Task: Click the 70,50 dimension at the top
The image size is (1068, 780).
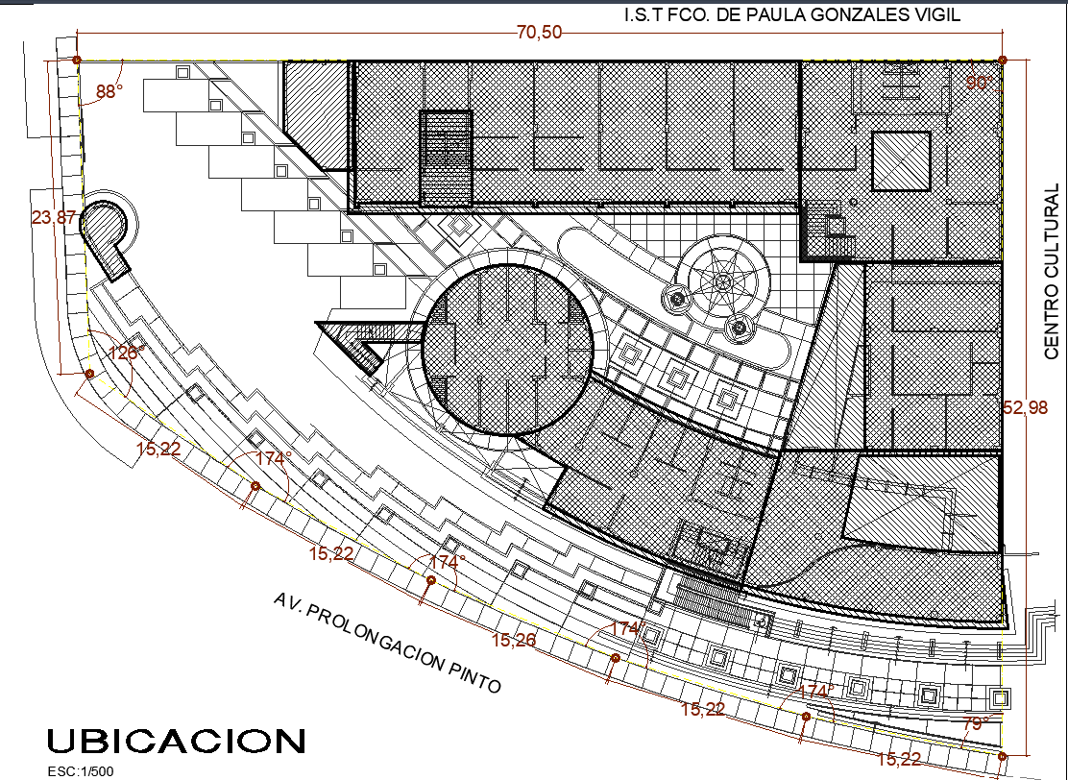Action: (x=540, y=32)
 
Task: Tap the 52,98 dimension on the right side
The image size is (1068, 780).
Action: (x=1025, y=407)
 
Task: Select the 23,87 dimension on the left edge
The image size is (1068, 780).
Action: (x=54, y=217)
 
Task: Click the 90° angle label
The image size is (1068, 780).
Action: (x=980, y=83)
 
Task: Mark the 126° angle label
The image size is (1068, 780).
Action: (x=127, y=353)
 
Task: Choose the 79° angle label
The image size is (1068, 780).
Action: (x=976, y=722)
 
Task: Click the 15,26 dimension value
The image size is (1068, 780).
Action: (x=514, y=640)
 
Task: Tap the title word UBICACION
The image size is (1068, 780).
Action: (x=177, y=741)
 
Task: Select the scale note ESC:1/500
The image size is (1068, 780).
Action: (x=81, y=771)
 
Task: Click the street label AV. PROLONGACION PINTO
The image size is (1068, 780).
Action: (x=387, y=642)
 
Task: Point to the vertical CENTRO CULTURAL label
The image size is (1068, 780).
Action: (x=1053, y=271)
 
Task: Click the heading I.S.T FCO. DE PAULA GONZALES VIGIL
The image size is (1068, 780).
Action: (x=792, y=14)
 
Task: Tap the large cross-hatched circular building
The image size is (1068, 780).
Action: (x=507, y=350)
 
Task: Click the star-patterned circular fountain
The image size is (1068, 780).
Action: (x=723, y=280)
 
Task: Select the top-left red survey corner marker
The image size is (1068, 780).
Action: (x=77, y=61)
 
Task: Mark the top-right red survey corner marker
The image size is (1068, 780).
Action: (x=1002, y=61)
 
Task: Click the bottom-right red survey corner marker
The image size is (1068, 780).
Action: (x=1002, y=756)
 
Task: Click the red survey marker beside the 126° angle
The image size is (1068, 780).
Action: (x=89, y=374)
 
